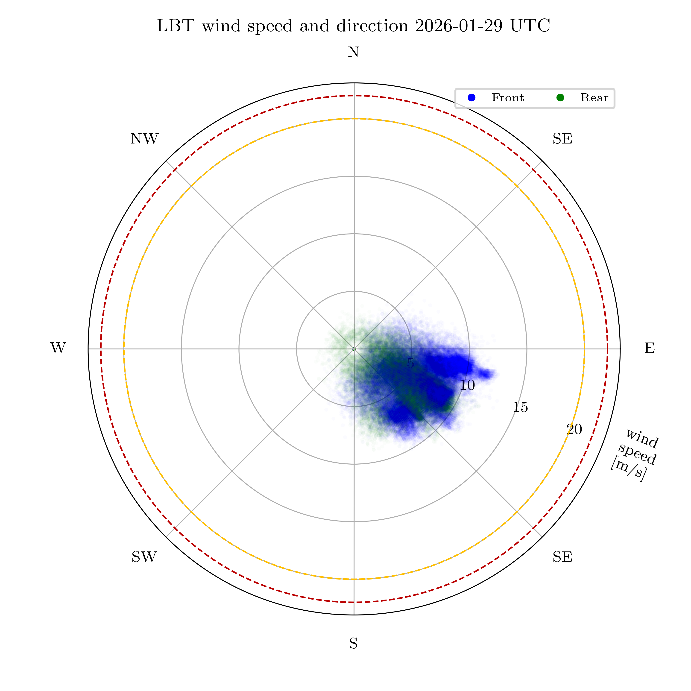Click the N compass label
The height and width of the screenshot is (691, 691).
tap(353, 53)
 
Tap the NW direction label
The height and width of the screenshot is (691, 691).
tap(144, 139)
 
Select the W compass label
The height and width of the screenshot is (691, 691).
tap(58, 348)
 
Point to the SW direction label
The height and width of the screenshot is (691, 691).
tap(144, 557)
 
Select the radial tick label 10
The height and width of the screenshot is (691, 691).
tap(467, 385)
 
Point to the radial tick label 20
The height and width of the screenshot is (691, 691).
tap(574, 429)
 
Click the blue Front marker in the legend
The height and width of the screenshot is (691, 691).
tap(472, 98)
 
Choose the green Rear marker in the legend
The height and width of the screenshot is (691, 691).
tap(560, 98)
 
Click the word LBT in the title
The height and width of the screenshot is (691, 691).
tap(175, 26)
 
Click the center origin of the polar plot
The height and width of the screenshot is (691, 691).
tap(354, 349)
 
